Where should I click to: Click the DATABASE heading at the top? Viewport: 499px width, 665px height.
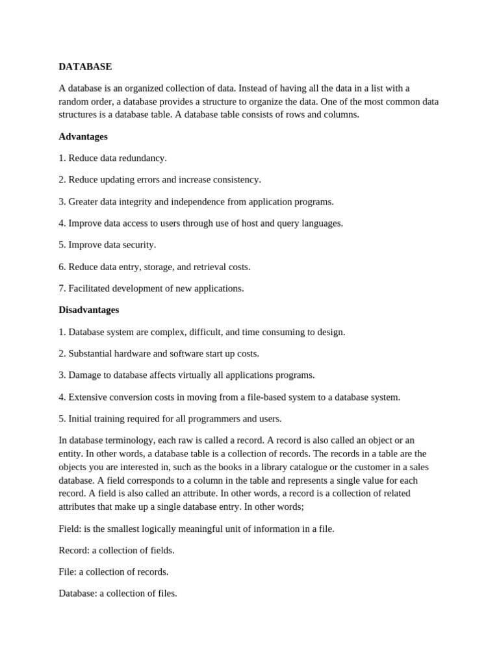(85, 67)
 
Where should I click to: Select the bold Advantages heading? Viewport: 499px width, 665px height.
(83, 137)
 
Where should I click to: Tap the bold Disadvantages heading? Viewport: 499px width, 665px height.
(89, 310)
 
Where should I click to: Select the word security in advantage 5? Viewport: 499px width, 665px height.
(138, 245)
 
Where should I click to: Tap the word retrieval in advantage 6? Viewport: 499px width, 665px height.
(209, 267)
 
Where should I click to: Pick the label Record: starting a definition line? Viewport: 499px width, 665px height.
(74, 551)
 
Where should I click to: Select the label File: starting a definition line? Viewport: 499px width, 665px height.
(68, 572)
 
